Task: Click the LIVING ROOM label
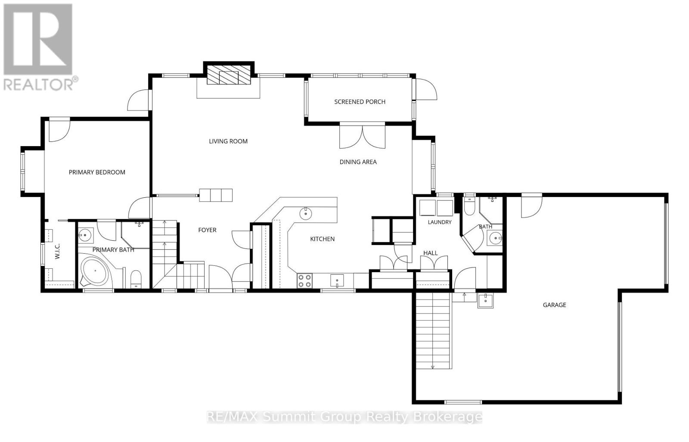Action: pyautogui.click(x=228, y=141)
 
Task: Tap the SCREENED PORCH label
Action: pyautogui.click(x=360, y=101)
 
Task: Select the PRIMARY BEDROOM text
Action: pyautogui.click(x=97, y=172)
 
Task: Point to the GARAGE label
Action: pyautogui.click(x=554, y=305)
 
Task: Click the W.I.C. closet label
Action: pyautogui.click(x=58, y=251)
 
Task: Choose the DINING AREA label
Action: pyautogui.click(x=358, y=162)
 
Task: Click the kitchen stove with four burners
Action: pyautogui.click(x=304, y=281)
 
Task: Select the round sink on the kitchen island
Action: pyautogui.click(x=306, y=213)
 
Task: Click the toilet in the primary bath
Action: pyautogui.click(x=136, y=279)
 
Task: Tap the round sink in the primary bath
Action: pyautogui.click(x=84, y=236)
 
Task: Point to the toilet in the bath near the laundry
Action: pyautogui.click(x=469, y=206)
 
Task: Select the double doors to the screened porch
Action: pyautogui.click(x=362, y=137)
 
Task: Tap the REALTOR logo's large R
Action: pyautogui.click(x=38, y=39)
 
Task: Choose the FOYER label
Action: pyautogui.click(x=207, y=230)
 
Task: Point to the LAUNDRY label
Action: pyautogui.click(x=440, y=222)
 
